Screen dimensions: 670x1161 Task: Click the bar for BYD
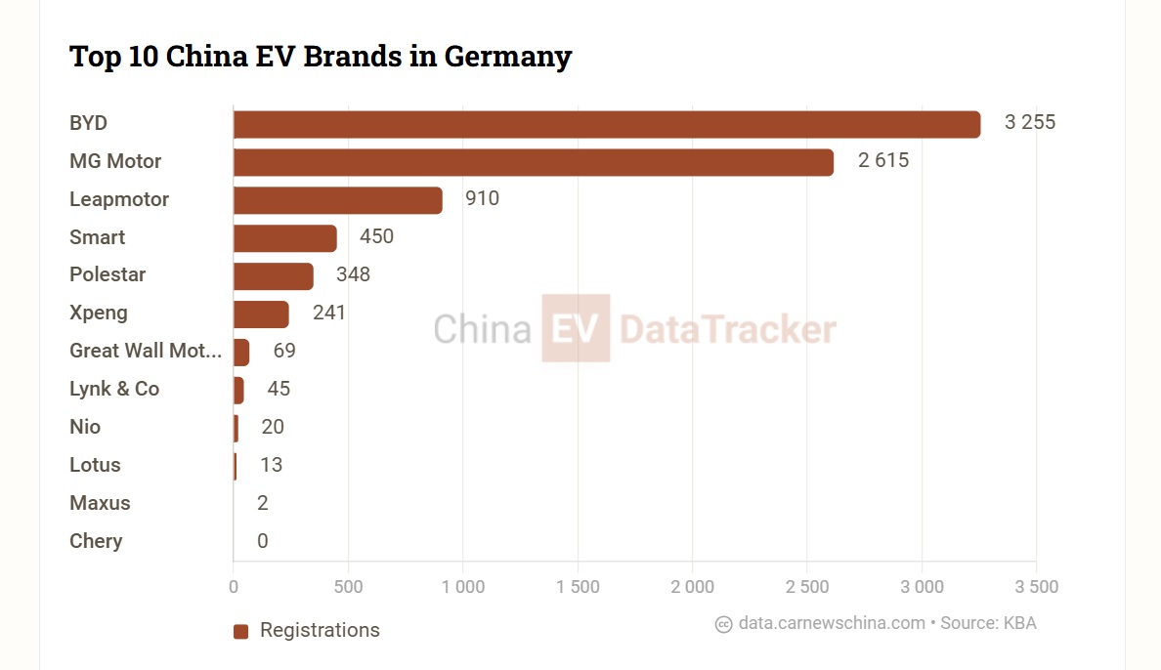click(606, 124)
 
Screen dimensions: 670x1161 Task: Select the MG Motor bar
click(533, 162)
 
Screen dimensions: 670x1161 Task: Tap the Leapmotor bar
click(337, 200)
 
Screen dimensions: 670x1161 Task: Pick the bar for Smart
click(284, 238)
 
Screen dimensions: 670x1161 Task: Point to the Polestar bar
click(273, 276)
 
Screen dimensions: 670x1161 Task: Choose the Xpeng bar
click(261, 314)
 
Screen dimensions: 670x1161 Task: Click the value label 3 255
click(1029, 123)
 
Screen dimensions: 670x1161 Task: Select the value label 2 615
click(882, 161)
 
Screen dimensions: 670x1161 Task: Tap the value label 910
click(482, 199)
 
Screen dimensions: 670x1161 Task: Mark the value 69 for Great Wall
click(283, 351)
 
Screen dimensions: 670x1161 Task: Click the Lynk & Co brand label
click(114, 389)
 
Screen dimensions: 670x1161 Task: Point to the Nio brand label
click(85, 427)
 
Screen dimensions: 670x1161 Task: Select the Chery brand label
click(96, 541)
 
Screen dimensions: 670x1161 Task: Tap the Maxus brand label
click(100, 503)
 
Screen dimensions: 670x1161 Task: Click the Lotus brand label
click(95, 465)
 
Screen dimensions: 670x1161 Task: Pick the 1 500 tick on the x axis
click(578, 587)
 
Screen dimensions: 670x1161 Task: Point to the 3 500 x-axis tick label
click(1036, 587)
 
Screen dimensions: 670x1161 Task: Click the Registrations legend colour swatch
click(241, 631)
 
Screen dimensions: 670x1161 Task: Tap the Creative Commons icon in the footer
click(723, 624)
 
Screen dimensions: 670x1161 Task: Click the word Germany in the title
click(507, 57)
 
